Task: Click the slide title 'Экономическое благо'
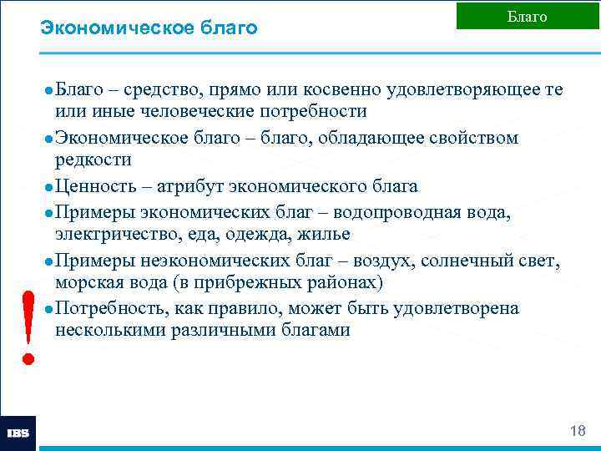tap(149, 28)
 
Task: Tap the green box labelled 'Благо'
tap(528, 17)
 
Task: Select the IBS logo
tap(18, 433)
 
